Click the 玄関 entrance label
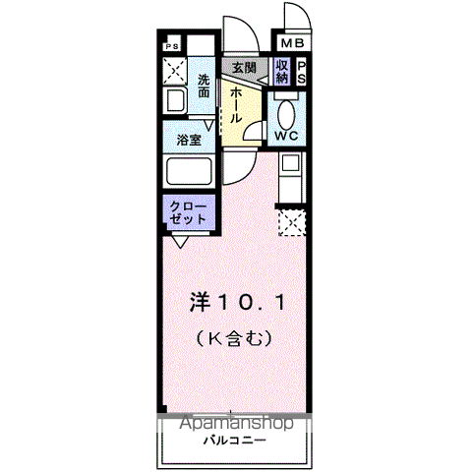[244, 68]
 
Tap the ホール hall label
[237, 102]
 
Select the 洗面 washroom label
[204, 86]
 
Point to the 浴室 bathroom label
[189, 140]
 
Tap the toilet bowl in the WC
[287, 111]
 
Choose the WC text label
[288, 135]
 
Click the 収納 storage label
[282, 72]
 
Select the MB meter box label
[293, 44]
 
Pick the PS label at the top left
[172, 45]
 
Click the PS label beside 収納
[301, 72]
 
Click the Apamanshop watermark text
[236, 424]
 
